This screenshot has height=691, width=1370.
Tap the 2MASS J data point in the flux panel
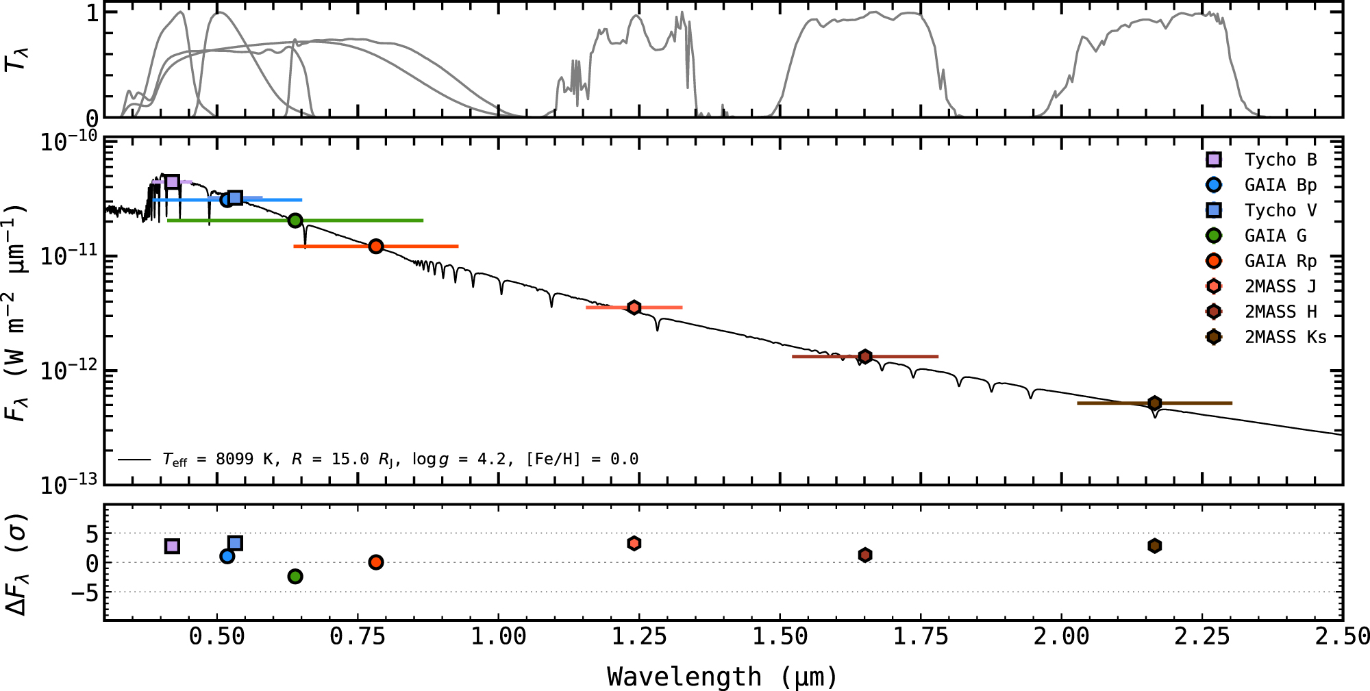[x=634, y=307]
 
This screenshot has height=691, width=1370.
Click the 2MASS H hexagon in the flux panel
[x=865, y=356]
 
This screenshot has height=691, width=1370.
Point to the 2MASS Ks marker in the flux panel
[x=1155, y=403]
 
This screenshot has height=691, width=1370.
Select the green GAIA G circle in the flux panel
[x=295, y=221]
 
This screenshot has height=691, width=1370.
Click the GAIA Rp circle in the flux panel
[x=375, y=246]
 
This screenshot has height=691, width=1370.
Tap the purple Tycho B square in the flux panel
[x=173, y=181]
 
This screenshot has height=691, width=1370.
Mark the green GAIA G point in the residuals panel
[x=295, y=577]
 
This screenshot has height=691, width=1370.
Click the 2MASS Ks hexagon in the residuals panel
[x=1155, y=546]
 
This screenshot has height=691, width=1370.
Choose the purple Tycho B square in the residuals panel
[x=173, y=546]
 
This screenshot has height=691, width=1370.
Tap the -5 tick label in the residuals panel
[x=84, y=592]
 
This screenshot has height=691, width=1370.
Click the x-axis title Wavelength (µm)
[x=723, y=677]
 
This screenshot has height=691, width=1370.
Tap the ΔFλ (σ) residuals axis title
[x=16, y=564]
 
